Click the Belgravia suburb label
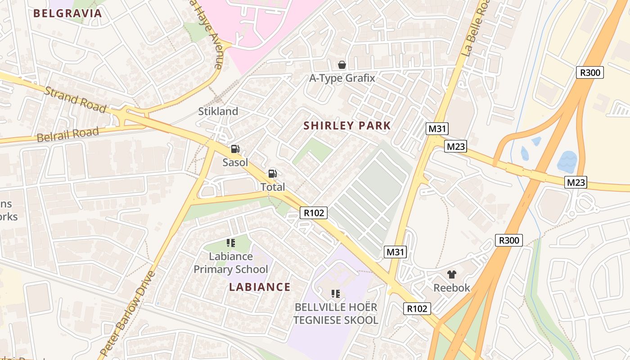coord(68,13)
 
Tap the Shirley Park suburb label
coord(347,126)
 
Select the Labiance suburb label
coord(260,287)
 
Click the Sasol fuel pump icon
coord(235,149)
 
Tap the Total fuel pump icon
coord(272,174)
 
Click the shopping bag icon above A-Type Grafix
coord(342,65)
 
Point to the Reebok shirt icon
coord(451,274)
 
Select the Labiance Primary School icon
coord(231,243)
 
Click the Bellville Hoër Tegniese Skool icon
coord(335,294)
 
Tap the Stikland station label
coord(218,111)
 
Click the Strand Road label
coord(75,99)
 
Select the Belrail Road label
coord(67,135)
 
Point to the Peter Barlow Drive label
coord(128,314)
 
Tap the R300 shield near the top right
coord(589,72)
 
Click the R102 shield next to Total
coord(314,213)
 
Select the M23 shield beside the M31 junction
coord(455,146)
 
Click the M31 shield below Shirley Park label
coord(437,129)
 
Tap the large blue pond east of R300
coord(567,162)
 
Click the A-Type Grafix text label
coord(342,78)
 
